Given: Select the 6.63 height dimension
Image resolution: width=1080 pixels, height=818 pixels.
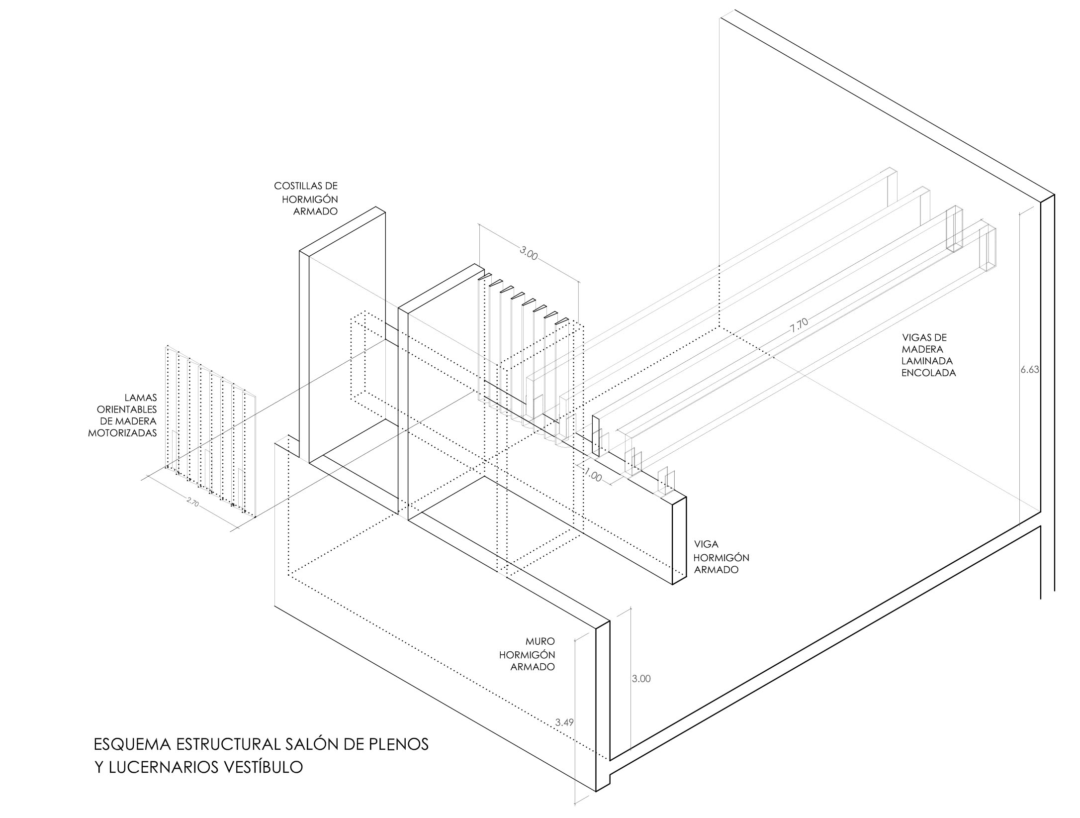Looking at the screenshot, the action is click(1030, 370).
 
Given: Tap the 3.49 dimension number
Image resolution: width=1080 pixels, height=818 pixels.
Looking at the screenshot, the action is click(565, 722).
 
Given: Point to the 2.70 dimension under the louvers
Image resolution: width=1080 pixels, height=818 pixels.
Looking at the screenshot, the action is click(192, 503).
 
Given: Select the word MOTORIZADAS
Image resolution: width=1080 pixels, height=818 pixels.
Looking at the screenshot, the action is click(122, 433).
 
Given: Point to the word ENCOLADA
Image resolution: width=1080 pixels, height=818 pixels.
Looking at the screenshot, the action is click(929, 373).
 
